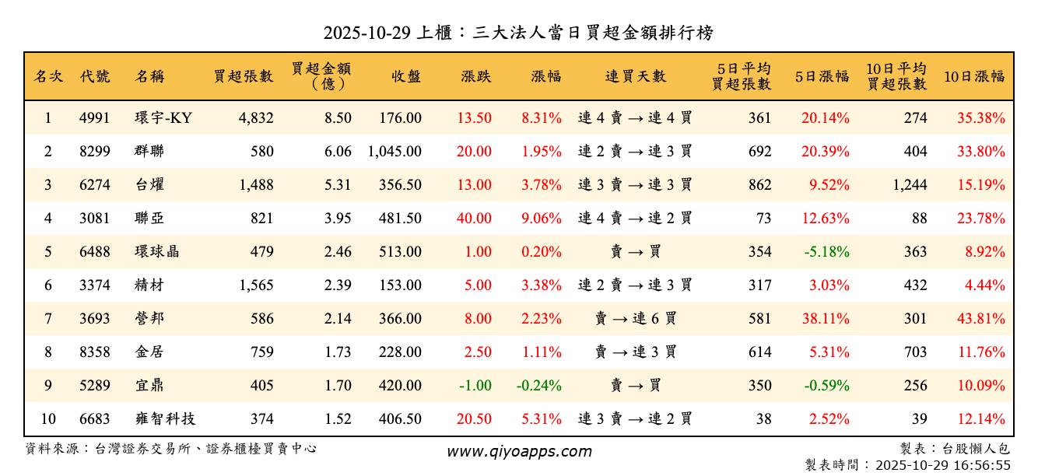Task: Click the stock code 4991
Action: [x=95, y=118]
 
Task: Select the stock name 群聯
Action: [x=149, y=152]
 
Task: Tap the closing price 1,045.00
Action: [x=395, y=152]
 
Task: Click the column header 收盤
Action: [x=406, y=76]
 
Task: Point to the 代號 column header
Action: [x=95, y=76]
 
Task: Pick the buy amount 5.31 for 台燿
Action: [x=338, y=185]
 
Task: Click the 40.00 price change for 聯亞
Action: [x=474, y=219]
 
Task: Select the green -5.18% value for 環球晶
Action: [x=826, y=252]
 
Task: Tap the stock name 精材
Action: [x=149, y=285]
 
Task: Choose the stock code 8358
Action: [x=95, y=352]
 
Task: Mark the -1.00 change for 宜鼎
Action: [x=475, y=386]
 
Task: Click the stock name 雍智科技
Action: [x=164, y=419]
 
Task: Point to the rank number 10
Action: [x=48, y=419]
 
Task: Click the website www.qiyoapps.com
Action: [x=519, y=452]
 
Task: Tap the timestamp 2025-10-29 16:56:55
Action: [x=943, y=465]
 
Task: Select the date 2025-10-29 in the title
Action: [x=368, y=33]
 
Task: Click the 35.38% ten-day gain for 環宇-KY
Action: [x=981, y=118]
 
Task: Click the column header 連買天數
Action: [x=636, y=76]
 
